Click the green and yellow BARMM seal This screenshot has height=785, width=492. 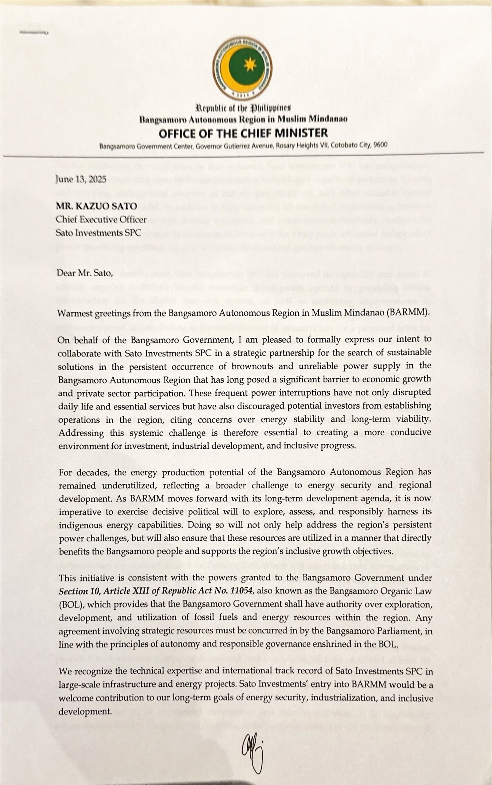(242, 67)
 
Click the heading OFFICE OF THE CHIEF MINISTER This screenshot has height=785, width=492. (243, 133)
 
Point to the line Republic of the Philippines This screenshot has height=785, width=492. (242, 107)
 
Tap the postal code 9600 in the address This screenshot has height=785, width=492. (381, 145)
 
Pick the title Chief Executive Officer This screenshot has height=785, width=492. (101, 219)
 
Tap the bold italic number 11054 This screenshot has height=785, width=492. (241, 591)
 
